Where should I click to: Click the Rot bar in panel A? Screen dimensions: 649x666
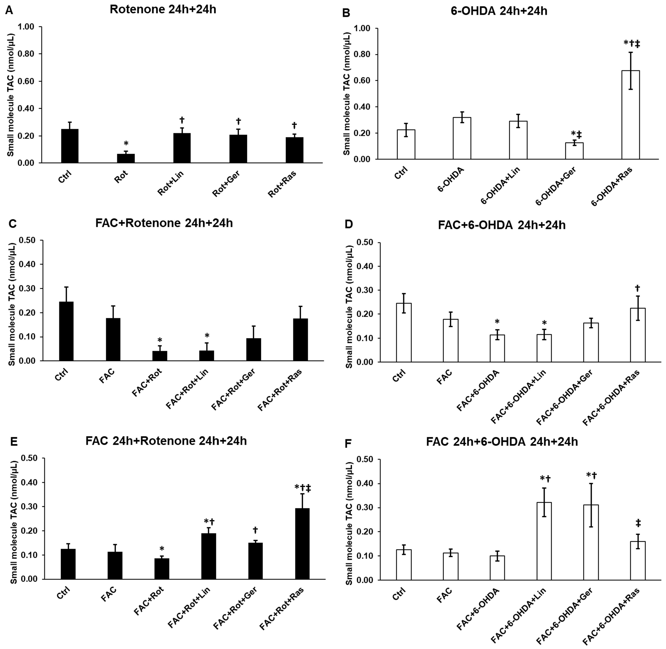point(126,159)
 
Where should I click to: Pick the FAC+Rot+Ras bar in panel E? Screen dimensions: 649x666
point(302,544)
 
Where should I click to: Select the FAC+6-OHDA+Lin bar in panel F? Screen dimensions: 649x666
point(544,541)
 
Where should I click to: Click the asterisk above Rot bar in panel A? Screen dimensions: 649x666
point(126,144)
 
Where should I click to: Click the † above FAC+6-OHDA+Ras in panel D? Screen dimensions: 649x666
point(637,288)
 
